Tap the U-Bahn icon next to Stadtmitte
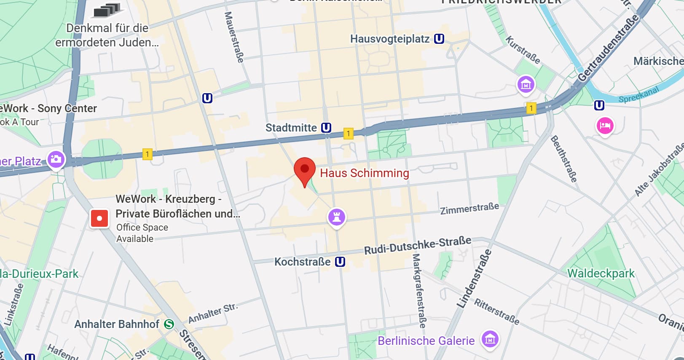tap(326, 127)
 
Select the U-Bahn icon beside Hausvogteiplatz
tap(439, 39)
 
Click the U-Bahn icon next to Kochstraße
tap(340, 262)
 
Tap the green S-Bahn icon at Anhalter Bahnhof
tap(169, 324)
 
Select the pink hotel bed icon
tap(605, 126)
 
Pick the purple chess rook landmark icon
tap(336, 217)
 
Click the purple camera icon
tap(56, 159)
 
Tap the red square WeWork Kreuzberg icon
tap(99, 218)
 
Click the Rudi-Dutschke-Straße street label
tap(418, 245)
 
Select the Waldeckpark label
tap(601, 273)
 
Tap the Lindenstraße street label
tap(474, 279)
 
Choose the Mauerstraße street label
tap(234, 37)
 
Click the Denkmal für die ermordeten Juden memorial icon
tap(107, 10)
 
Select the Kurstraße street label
tap(523, 50)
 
